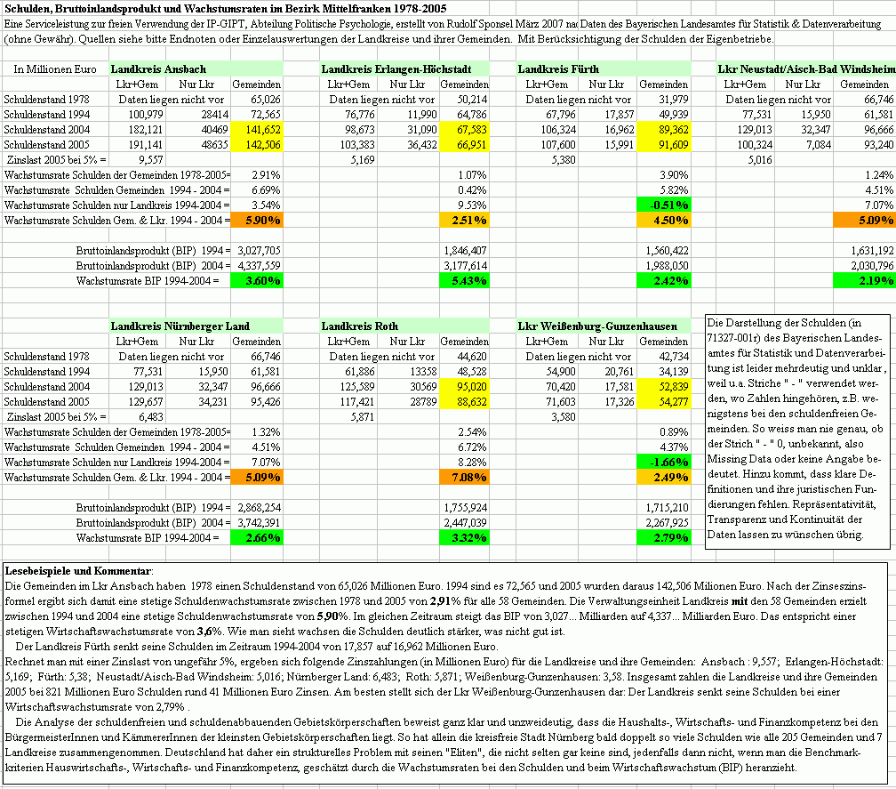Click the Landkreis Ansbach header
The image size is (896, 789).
pos(158,68)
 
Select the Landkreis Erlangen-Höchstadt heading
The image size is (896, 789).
pos(387,68)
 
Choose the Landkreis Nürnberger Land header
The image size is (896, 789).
pos(180,326)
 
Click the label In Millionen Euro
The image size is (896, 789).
pos(55,68)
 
